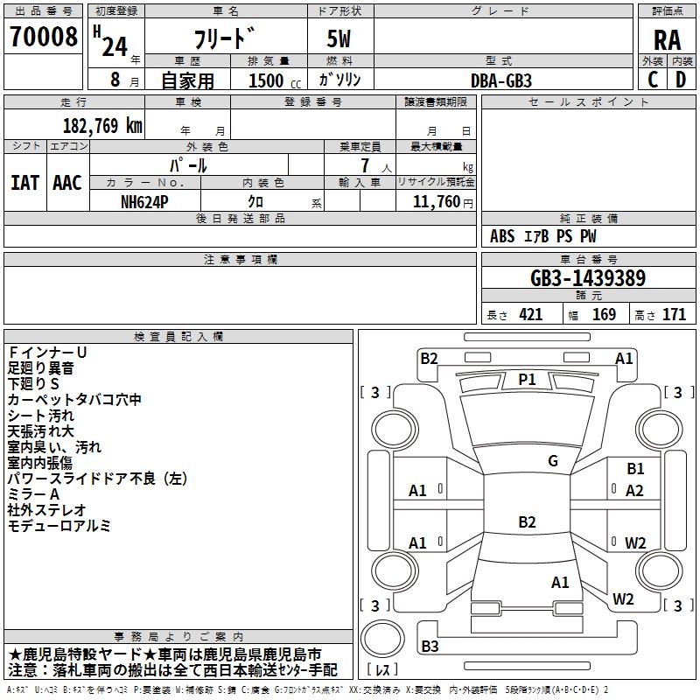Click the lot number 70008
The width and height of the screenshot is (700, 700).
tap(43, 38)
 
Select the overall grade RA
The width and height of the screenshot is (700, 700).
tap(667, 39)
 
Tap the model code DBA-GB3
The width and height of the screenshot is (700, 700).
tap(500, 80)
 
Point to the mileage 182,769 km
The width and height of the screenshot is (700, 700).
tap(102, 125)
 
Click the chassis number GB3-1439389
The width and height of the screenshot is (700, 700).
tap(588, 278)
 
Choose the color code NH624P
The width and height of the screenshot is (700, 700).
tap(146, 200)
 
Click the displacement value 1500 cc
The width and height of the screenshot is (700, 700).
tap(266, 80)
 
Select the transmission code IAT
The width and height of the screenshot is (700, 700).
tap(24, 183)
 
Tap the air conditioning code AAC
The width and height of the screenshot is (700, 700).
tap(67, 183)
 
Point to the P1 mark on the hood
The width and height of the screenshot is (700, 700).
tap(527, 379)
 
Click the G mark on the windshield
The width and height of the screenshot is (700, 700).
tap(553, 461)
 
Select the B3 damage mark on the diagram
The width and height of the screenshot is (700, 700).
tap(430, 647)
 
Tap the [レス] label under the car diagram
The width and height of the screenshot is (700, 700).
tap(382, 669)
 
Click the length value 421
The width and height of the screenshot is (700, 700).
tap(530, 315)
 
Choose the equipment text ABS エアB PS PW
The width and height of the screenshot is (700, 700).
tap(543, 236)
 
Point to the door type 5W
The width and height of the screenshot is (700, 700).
tap(341, 39)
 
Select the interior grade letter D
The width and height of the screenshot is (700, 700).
tap(680, 80)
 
